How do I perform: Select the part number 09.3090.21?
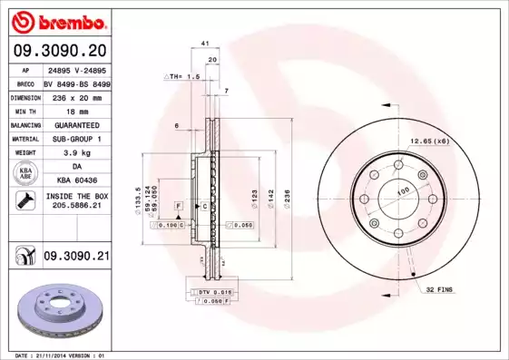(76, 257)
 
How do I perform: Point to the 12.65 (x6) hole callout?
(429, 141)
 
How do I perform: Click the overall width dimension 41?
(205, 43)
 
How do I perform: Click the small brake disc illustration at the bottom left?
(55, 309)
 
